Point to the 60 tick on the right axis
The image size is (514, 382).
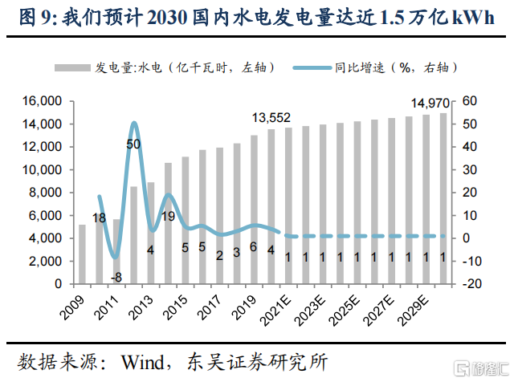tap(470, 102)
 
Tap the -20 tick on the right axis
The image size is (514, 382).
tap(471, 284)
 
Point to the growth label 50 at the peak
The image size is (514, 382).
tap(134, 144)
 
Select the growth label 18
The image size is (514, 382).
tap(100, 217)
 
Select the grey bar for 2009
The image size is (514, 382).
tap(81, 254)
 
